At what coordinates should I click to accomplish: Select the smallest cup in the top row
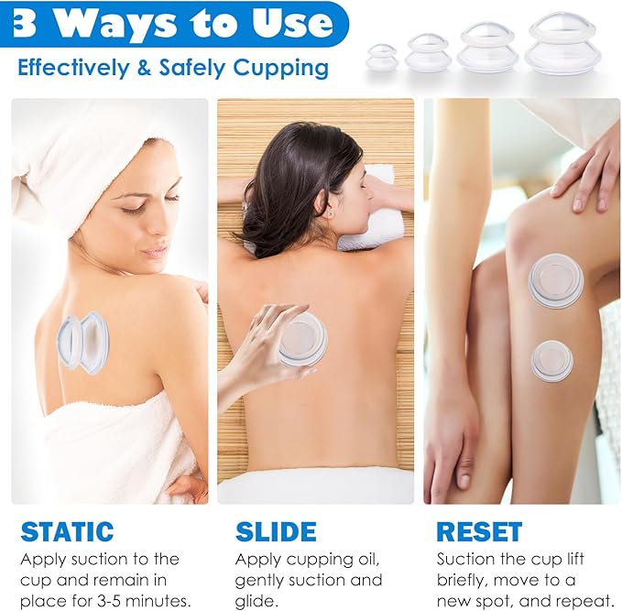382,58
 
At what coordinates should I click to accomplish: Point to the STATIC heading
67,531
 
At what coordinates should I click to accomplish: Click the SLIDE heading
275,531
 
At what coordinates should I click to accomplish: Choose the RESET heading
478,531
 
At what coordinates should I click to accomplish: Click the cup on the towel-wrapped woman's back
83,342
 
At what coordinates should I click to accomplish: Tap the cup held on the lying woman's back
303,340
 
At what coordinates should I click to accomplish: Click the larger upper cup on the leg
555,280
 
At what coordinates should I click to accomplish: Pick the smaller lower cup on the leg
551,361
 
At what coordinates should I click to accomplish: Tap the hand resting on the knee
586,165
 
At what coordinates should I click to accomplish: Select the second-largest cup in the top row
487,49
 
